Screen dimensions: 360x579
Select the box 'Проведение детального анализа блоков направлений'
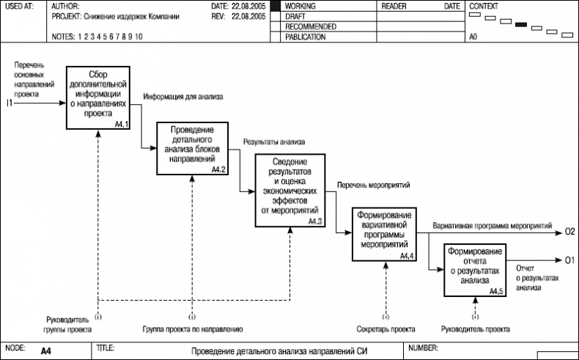[x=192, y=148]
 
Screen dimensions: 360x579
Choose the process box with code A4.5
[x=474, y=269]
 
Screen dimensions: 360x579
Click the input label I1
[x=10, y=102]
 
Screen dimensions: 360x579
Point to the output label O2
[x=569, y=232]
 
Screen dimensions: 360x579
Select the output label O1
[x=569, y=260]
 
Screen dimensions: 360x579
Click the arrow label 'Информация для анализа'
[x=182, y=96]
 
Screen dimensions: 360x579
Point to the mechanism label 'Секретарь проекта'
[x=386, y=329]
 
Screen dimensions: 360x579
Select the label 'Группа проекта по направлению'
[x=192, y=329]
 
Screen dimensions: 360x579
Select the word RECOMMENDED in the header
[x=311, y=26]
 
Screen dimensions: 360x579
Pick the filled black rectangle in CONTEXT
[x=522, y=25]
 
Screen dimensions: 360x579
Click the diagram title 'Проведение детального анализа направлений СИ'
[x=279, y=352]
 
